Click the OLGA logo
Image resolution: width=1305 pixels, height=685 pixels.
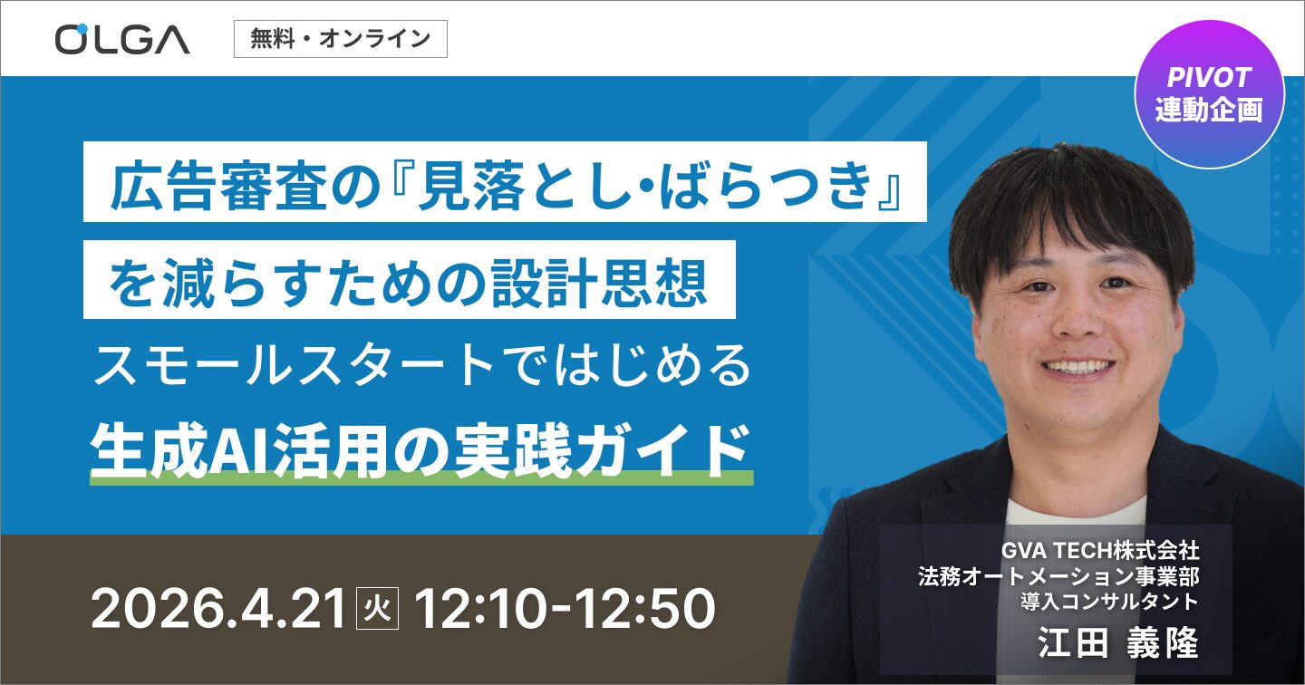(122, 39)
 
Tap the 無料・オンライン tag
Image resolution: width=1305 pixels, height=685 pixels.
(340, 39)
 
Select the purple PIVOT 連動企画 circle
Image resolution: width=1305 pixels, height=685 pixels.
(1209, 95)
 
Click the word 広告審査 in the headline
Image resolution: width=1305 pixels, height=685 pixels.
(214, 187)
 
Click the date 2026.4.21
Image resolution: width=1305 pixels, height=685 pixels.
(218, 609)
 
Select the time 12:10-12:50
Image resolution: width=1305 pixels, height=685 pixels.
(564, 609)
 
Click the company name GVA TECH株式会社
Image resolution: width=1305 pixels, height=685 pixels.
(1099, 550)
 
